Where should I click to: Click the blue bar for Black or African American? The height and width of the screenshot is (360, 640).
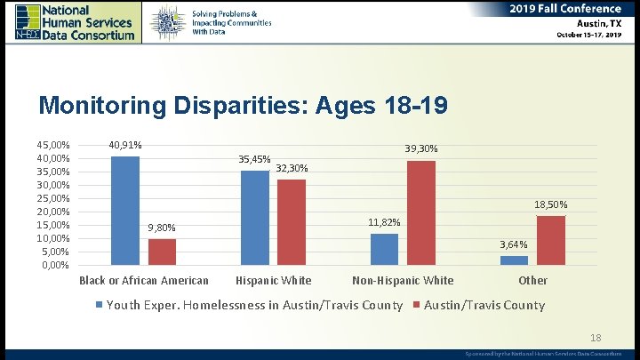pyautogui.click(x=125, y=211)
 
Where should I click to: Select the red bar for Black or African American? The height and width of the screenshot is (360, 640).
pyautogui.click(x=162, y=252)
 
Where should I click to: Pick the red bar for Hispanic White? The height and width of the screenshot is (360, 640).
pyautogui.click(x=291, y=222)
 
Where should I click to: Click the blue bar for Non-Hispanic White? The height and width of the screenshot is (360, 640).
pyautogui.click(x=384, y=249)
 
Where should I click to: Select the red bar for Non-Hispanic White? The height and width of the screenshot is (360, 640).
pyautogui.click(x=420, y=212)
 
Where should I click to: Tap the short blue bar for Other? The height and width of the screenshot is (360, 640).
pyautogui.click(x=514, y=260)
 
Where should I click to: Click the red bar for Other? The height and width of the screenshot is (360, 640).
pyautogui.click(x=551, y=240)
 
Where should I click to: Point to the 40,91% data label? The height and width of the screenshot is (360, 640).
pyautogui.click(x=125, y=145)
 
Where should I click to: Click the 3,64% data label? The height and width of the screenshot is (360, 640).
pyautogui.click(x=514, y=244)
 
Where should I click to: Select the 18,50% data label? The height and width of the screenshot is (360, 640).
pyautogui.click(x=551, y=205)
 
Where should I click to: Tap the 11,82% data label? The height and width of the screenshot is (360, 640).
pyautogui.click(x=384, y=222)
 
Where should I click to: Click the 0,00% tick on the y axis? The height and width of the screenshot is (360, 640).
pyautogui.click(x=56, y=265)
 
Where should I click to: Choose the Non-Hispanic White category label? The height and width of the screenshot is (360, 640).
pyautogui.click(x=403, y=281)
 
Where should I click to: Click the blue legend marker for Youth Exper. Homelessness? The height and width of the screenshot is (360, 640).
pyautogui.click(x=100, y=306)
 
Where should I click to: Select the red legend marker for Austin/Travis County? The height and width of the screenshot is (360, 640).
pyautogui.click(x=417, y=306)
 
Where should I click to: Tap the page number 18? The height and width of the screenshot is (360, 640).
pyautogui.click(x=596, y=338)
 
